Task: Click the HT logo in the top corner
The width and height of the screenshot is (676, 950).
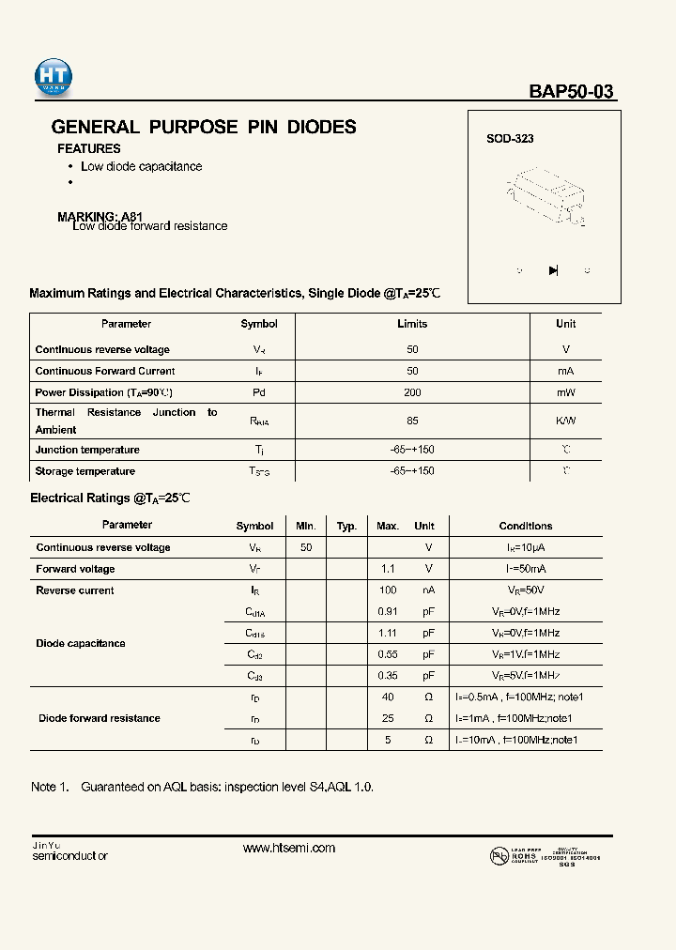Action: [54, 78]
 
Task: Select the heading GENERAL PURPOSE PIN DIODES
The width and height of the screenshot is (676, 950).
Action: [204, 127]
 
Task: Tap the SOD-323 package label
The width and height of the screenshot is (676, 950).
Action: [510, 139]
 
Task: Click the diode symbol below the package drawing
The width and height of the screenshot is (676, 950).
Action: [553, 270]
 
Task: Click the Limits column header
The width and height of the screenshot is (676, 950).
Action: [412, 324]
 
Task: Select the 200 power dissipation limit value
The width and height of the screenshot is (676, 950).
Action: [412, 392]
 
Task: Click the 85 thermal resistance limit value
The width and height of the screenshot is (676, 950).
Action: [412, 421]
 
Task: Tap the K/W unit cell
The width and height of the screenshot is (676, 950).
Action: [566, 421]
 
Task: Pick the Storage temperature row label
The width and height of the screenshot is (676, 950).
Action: [85, 471]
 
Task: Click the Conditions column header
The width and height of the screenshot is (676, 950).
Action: [526, 526]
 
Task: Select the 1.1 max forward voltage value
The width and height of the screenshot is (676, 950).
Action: [388, 569]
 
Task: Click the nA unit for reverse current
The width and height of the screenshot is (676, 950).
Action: [427, 590]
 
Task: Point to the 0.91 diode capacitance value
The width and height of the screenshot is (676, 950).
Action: [387, 611]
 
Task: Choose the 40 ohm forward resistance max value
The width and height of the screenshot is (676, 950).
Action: [388, 697]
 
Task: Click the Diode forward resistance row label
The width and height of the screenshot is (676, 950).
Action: [100, 718]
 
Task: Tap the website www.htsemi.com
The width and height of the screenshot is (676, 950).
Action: [289, 848]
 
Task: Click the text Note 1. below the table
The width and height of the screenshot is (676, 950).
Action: [50, 787]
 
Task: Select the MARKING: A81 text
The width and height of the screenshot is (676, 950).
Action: [100, 216]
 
